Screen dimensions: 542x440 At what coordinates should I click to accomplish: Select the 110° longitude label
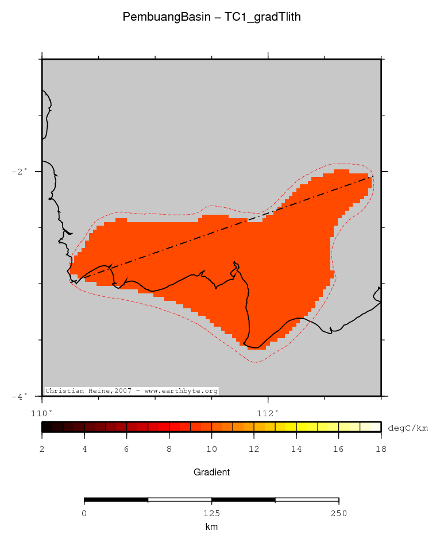tap(42, 412)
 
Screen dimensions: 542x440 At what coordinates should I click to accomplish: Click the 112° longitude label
tap(268, 412)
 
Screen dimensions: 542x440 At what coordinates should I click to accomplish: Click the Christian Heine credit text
tap(132, 391)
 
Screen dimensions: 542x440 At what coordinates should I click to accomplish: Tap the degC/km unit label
tap(408, 427)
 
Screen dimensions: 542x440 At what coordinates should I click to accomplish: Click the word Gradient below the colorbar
tap(211, 473)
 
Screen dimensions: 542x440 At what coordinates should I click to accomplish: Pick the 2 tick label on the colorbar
tap(42, 449)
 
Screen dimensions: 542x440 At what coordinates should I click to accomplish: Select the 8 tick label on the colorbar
tap(169, 449)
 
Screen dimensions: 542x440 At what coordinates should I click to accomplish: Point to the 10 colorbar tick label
tap(211, 449)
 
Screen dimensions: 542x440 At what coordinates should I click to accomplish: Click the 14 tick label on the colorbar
tap(296, 449)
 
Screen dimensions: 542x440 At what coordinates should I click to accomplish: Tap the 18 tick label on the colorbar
tap(380, 449)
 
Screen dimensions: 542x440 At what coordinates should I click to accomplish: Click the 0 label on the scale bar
tap(84, 514)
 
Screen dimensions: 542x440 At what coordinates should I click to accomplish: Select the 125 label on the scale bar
tap(211, 514)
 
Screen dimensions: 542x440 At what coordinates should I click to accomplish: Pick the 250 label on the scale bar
tap(338, 514)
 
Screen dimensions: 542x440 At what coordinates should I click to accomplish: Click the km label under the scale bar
tap(211, 526)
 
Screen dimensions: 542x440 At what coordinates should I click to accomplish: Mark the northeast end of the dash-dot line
tap(372, 177)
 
